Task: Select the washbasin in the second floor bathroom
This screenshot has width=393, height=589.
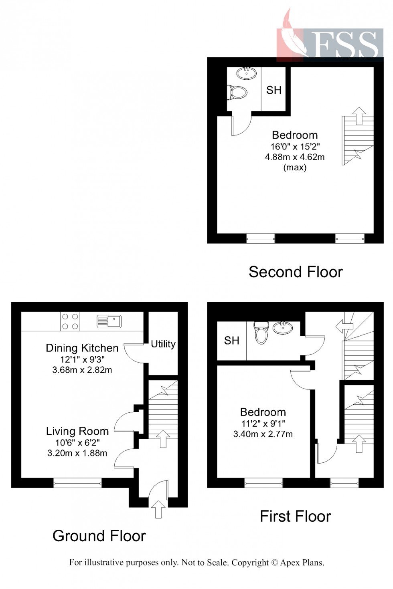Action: tap(246, 73)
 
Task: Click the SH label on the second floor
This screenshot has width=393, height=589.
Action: tap(274, 90)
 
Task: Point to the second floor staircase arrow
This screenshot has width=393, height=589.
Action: tap(359, 115)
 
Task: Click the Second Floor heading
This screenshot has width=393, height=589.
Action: tap(296, 272)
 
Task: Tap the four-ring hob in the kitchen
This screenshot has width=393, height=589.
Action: tap(70, 321)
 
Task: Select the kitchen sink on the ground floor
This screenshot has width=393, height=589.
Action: tap(109, 321)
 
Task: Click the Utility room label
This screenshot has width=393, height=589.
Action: tap(163, 344)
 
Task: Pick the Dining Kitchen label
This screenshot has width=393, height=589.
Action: tap(82, 348)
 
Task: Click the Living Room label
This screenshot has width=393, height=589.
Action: tap(77, 431)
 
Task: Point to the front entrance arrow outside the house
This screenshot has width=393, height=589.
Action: tap(158, 509)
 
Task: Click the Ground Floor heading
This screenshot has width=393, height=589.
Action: tap(99, 536)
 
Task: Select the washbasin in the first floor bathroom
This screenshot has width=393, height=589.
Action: tap(283, 327)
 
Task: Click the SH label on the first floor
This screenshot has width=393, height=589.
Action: tap(232, 341)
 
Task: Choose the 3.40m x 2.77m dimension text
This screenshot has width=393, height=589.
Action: tap(263, 434)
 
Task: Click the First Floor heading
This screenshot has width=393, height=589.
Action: tap(296, 516)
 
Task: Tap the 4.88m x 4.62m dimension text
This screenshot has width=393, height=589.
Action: tap(295, 157)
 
